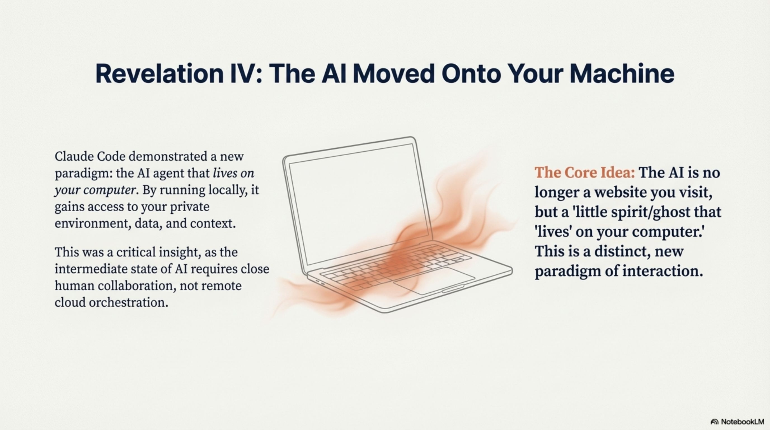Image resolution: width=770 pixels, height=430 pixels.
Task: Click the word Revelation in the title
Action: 159,74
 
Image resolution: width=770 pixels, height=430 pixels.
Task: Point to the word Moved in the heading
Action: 393,74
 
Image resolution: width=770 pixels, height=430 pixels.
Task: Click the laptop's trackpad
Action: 434,281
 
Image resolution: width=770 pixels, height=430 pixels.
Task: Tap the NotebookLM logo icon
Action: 714,422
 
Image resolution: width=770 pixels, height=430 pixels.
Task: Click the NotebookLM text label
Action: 742,422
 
